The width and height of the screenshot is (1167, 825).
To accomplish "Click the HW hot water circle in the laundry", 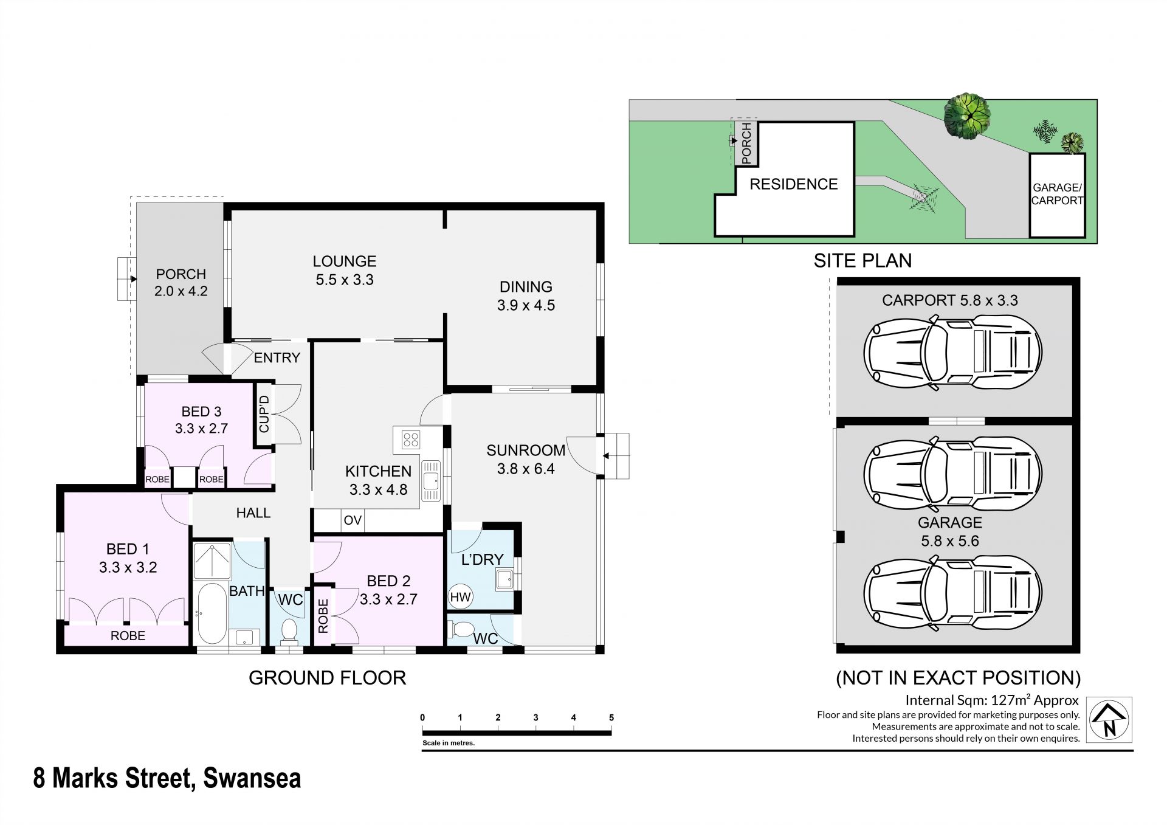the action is tap(460, 597).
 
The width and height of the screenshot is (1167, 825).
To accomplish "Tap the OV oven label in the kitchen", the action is tap(353, 520).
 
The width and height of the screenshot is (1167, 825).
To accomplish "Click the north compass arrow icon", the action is tap(1109, 719).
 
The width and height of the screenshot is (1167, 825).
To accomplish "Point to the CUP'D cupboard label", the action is tap(264, 414).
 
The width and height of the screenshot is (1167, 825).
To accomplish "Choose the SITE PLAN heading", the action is tap(862, 260).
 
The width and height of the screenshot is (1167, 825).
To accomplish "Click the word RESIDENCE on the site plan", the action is tap(793, 184).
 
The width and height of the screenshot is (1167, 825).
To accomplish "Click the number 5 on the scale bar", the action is tap(611, 717).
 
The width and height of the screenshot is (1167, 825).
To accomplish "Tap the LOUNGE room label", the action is tap(345, 261).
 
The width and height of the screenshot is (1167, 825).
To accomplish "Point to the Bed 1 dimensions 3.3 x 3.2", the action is tap(128, 568).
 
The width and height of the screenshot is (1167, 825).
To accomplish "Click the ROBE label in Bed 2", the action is tap(323, 616).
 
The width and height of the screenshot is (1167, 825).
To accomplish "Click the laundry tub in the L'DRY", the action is tap(504, 579).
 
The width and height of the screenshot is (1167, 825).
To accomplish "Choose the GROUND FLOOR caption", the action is tap(327, 678).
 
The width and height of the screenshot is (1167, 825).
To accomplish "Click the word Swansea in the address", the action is tap(252, 778).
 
